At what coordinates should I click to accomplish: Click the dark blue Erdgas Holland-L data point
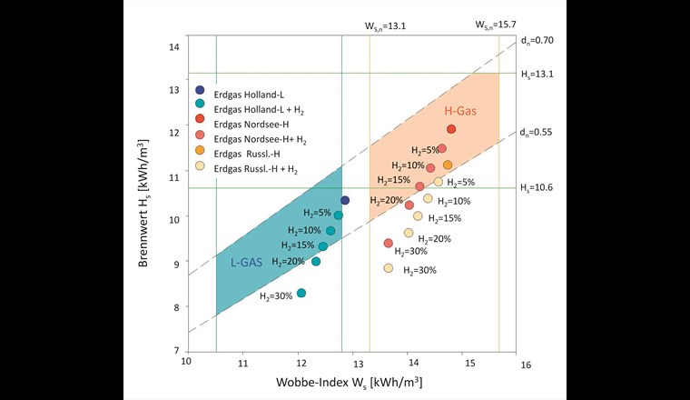pyautogui.click(x=345, y=200)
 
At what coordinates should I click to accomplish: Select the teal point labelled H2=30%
pyautogui.click(x=301, y=293)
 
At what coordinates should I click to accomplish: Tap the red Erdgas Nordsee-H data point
pyautogui.click(x=451, y=129)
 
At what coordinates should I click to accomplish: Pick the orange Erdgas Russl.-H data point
pyautogui.click(x=448, y=165)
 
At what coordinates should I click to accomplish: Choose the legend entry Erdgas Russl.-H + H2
pyautogui.click(x=261, y=168)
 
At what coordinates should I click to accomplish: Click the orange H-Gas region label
pyautogui.click(x=460, y=110)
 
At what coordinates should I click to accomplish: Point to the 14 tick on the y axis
pyautogui.click(x=176, y=47)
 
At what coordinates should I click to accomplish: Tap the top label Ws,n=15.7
pyautogui.click(x=495, y=26)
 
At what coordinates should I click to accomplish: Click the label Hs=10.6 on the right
pyautogui.click(x=536, y=188)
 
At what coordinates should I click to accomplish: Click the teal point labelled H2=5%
pyautogui.click(x=339, y=215)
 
